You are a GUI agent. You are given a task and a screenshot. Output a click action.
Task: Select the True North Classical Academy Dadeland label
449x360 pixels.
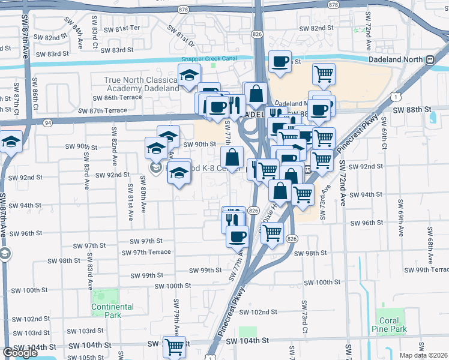142,84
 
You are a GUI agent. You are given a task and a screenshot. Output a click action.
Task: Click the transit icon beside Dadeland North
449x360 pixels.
430,60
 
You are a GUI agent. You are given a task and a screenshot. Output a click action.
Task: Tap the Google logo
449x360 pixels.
20,353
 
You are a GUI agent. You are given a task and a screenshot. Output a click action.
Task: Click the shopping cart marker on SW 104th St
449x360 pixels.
174,346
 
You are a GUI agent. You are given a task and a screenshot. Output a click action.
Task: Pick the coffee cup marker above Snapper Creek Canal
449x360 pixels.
280,61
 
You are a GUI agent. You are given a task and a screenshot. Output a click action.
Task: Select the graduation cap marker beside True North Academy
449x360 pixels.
188,76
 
